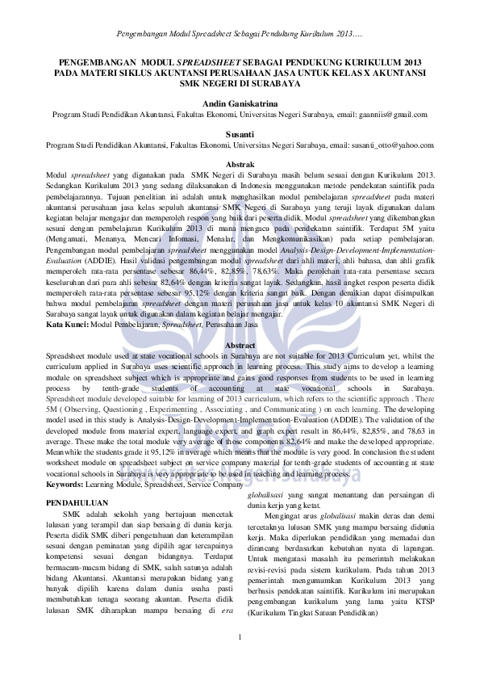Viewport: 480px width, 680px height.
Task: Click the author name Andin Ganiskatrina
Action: pos(240,104)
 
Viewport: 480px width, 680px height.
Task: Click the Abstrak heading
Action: pos(240,164)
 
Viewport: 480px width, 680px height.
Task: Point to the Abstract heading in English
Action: pos(240,346)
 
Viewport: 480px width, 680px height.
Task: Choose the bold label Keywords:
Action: pos(69,485)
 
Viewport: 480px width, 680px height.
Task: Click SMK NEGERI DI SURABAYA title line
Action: pos(240,83)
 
